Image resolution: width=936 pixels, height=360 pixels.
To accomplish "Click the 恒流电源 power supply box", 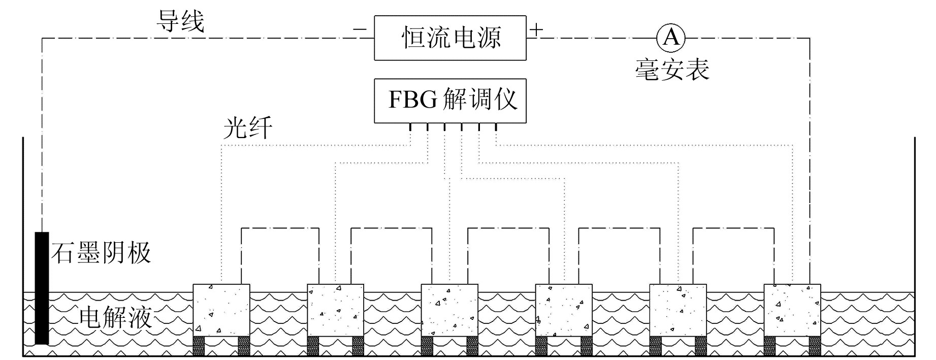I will [450, 38].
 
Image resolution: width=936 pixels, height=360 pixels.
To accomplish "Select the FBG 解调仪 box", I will [450, 101].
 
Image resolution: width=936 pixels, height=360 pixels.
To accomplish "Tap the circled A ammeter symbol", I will [670, 38].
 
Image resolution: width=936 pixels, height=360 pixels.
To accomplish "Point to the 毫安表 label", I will [671, 69].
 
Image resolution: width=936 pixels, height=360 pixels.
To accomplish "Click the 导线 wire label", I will [180, 21].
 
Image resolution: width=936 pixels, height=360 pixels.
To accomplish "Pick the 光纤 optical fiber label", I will [247, 127].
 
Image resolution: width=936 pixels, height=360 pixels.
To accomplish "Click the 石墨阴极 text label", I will [101, 253].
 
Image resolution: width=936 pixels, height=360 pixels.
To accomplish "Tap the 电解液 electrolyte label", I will [116, 318].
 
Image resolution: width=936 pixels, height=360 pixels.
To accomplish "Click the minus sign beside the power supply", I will [359, 30].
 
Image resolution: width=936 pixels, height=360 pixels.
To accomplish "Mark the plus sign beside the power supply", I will [536, 29].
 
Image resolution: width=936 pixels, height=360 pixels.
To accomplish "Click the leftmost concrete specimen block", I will [221, 310].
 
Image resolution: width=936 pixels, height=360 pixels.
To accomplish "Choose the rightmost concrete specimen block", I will [792, 310].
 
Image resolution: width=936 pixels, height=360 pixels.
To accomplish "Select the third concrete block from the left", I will [449, 310].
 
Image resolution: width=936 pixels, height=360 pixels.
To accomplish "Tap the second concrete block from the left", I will [336, 310].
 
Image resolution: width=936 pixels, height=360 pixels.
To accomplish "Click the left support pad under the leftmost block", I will [199, 346].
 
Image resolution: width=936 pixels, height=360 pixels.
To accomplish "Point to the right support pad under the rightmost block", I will [815, 346].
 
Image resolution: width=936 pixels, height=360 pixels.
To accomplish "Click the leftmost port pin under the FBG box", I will [410, 127].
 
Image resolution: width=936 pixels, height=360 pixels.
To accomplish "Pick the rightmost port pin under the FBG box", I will [496, 127].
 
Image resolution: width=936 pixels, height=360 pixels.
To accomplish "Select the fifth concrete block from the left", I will [678, 310].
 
